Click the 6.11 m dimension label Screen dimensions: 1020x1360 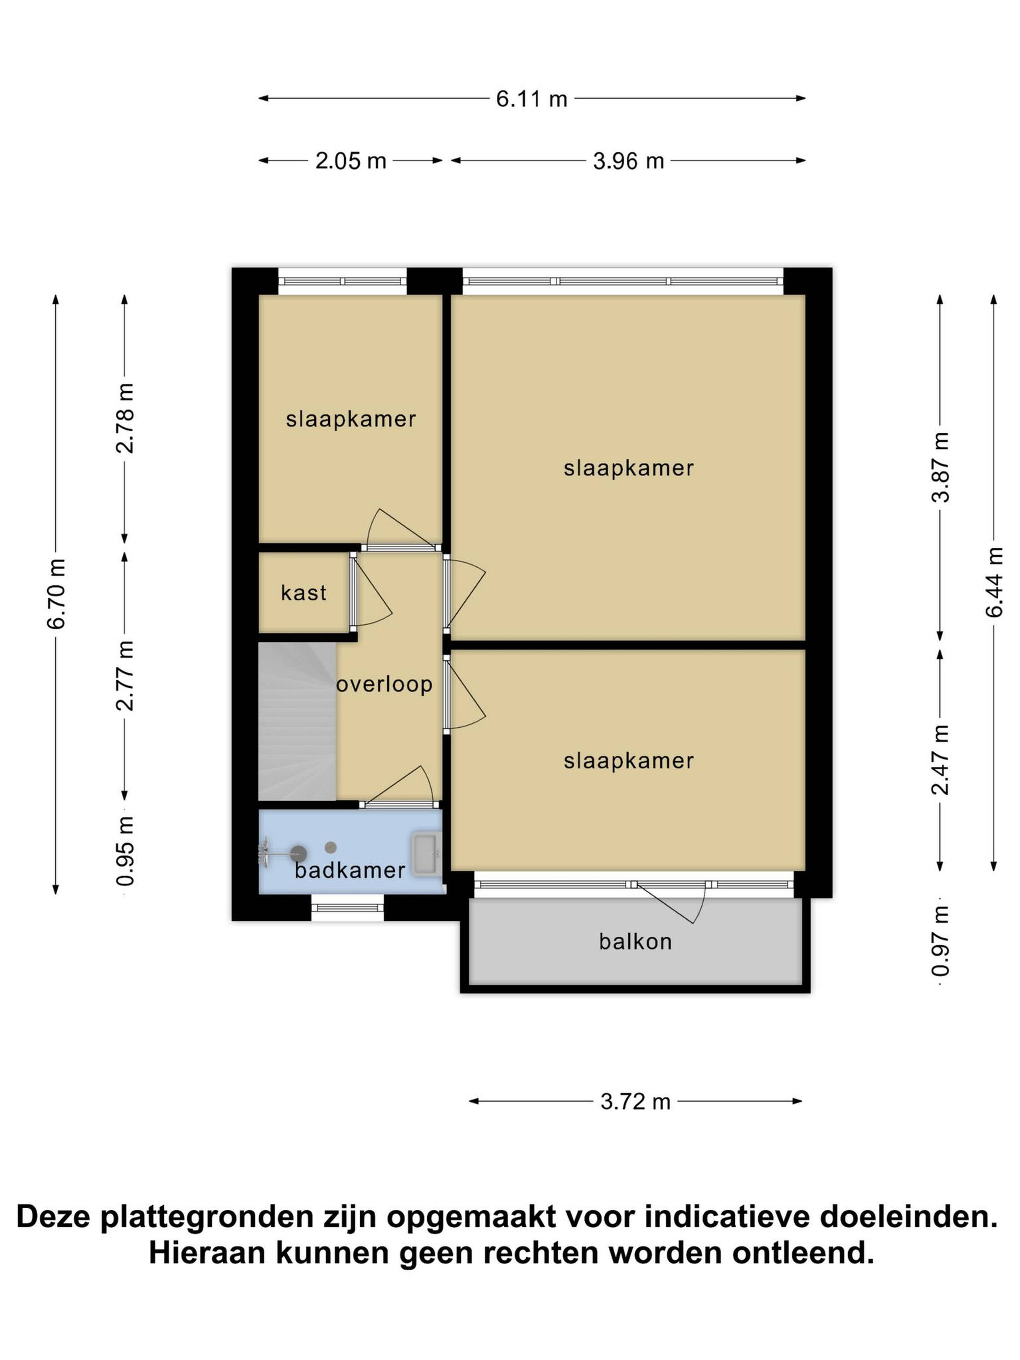[x=531, y=98]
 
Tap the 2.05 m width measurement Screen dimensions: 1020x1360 [x=350, y=161]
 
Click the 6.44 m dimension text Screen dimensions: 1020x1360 [x=994, y=582]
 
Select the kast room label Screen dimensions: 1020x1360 [x=304, y=593]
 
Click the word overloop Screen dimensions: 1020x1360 [x=384, y=684]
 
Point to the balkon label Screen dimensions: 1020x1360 [x=635, y=942]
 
